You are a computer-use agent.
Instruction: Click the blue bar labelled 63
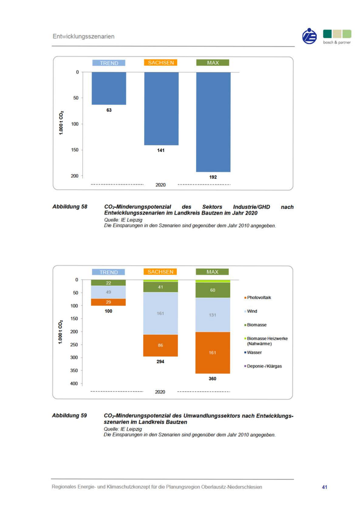click(109, 88)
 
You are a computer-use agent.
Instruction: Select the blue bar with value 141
click(161, 108)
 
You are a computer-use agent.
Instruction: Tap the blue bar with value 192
click(213, 122)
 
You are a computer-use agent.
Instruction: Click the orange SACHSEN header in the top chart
click(161, 63)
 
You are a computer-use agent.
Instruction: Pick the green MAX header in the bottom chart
click(213, 272)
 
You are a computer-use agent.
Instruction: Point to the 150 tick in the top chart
click(75, 150)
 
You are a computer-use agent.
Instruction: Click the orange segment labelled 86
click(161, 345)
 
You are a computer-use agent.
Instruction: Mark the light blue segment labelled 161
click(161, 314)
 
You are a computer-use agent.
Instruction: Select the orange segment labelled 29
click(109, 302)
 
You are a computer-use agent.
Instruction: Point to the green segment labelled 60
click(213, 290)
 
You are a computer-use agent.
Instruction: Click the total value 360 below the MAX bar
click(213, 379)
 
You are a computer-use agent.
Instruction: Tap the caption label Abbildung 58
click(69, 207)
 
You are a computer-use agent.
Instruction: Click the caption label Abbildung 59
click(69, 416)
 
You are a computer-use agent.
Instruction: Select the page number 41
click(325, 487)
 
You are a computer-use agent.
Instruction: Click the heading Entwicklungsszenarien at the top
click(83, 37)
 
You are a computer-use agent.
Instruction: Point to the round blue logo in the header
click(310, 36)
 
